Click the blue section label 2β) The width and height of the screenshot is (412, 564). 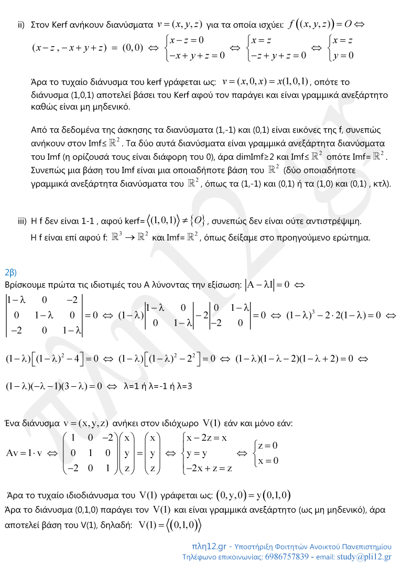[x=10, y=272]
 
